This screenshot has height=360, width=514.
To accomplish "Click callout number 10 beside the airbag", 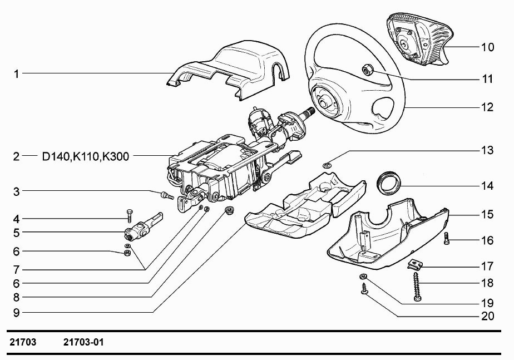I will coord(487,47).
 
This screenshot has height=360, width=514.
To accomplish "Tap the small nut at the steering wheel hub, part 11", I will coord(367,70).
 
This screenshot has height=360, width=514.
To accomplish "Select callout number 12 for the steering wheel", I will coord(487,107).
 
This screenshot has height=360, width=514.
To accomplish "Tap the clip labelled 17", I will coord(414,264).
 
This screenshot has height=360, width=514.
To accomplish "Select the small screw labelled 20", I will coord(365,289).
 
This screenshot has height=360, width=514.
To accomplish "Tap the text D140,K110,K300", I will coord(86,156).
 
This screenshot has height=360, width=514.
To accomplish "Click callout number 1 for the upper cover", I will coord(17,73).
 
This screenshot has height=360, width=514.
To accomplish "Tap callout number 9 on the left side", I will coord(17,313).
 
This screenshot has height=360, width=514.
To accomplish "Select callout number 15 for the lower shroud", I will coord(487,214).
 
